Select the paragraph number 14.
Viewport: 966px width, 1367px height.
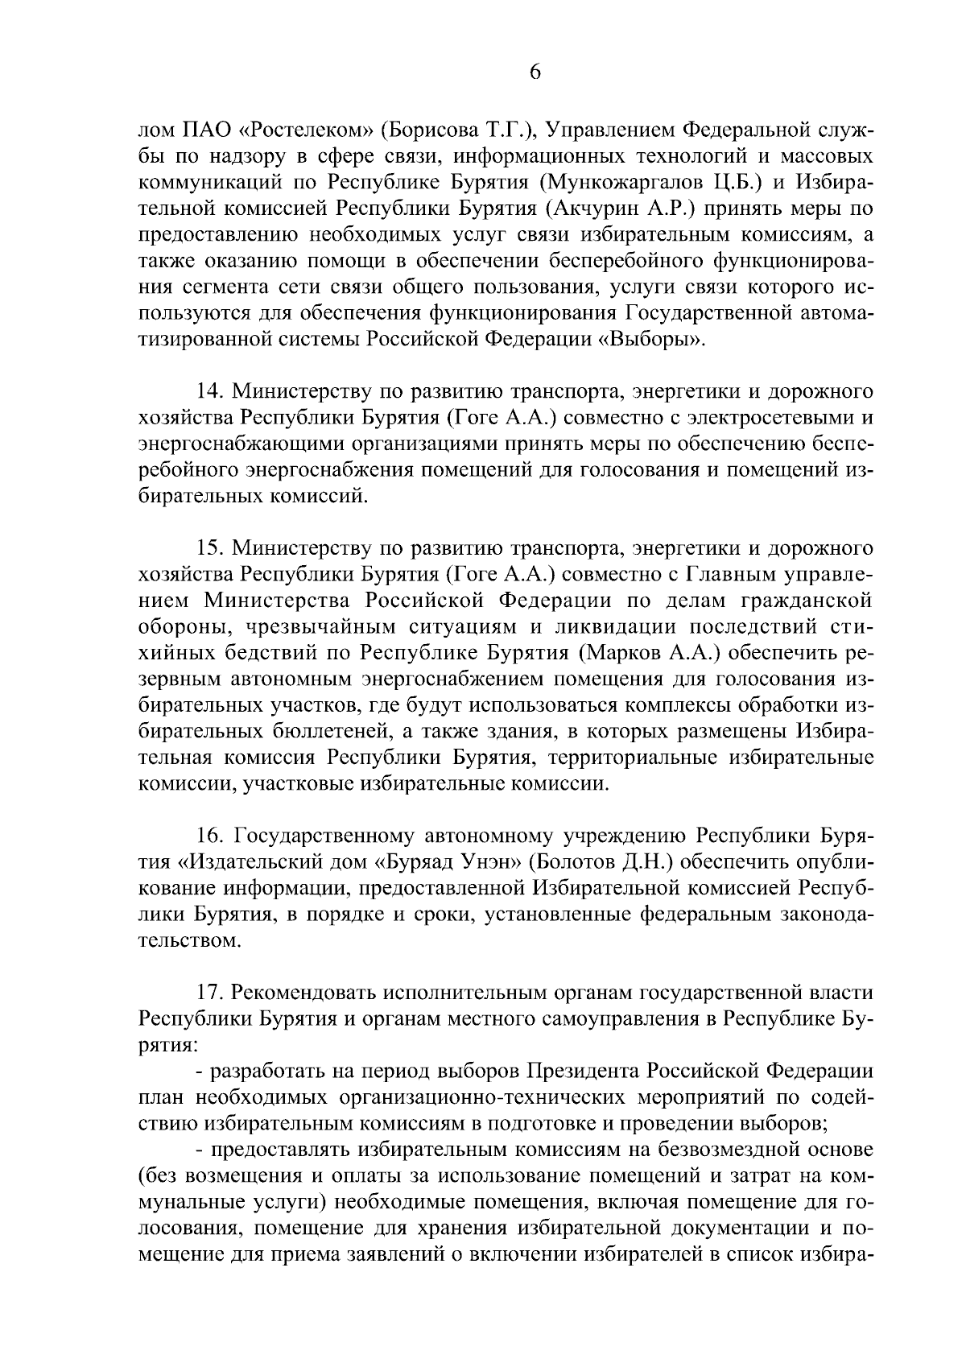pyautogui.click(x=211, y=392)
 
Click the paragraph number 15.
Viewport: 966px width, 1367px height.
pyautogui.click(x=211, y=549)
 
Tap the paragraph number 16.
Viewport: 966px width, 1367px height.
pyautogui.click(x=211, y=836)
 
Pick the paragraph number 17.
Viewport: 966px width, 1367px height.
pyautogui.click(x=211, y=993)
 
